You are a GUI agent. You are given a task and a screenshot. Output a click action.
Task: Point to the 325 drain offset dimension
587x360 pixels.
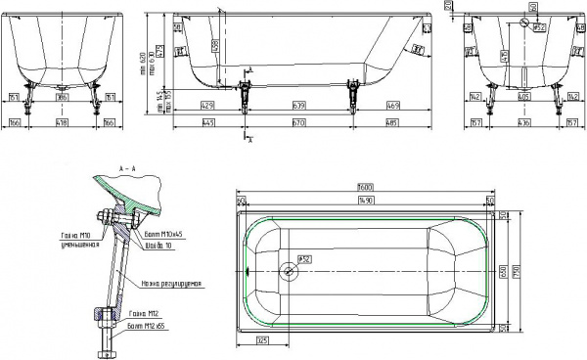(262, 339)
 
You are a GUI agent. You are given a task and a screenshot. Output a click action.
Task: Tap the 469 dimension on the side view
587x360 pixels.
(392, 103)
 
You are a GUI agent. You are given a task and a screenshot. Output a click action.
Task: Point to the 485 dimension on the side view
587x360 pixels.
(392, 123)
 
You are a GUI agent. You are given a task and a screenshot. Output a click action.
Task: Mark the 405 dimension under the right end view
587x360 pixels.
(525, 99)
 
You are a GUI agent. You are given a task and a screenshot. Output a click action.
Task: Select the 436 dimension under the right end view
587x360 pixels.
(525, 123)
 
